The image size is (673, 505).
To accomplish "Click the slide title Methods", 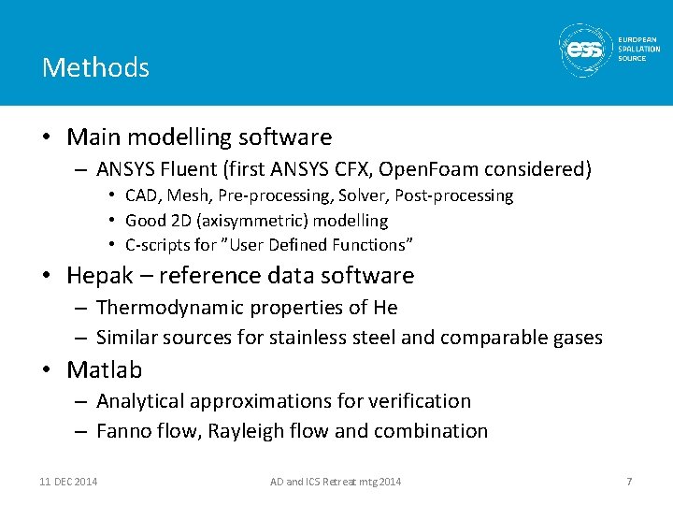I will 95,67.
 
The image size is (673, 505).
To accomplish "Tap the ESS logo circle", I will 585,48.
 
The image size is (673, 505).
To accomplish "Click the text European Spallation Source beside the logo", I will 637,49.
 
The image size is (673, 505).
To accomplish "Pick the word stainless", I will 310,338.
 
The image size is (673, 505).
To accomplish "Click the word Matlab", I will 105,370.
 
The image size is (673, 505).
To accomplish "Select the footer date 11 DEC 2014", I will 68,482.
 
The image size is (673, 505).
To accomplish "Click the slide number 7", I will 629,482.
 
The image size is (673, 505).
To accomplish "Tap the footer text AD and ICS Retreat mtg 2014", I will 336,482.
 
